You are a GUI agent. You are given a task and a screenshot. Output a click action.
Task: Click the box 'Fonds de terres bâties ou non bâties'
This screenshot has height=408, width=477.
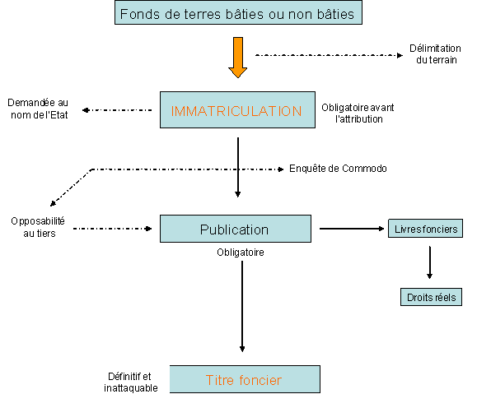click(x=238, y=12)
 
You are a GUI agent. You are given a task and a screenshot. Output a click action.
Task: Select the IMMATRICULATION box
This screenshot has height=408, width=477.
click(x=237, y=109)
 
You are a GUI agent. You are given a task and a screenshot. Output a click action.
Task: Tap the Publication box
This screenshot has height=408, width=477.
click(x=236, y=229)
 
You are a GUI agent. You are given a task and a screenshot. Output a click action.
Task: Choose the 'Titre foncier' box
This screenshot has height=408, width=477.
click(x=245, y=379)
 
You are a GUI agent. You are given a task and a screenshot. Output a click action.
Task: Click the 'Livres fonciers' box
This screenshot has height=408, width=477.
click(x=425, y=228)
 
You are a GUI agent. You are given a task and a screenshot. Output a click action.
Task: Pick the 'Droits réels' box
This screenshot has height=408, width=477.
click(x=431, y=297)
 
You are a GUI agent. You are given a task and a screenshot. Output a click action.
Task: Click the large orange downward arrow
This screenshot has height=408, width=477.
click(x=238, y=58)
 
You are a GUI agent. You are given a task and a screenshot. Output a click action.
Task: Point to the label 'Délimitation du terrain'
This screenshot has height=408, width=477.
click(x=435, y=54)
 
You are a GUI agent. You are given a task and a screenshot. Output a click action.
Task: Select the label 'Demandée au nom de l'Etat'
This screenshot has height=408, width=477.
click(x=38, y=109)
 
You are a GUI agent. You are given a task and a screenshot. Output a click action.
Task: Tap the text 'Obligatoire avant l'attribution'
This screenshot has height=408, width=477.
click(x=358, y=114)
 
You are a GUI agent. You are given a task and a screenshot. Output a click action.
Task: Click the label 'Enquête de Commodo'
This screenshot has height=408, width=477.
click(x=338, y=169)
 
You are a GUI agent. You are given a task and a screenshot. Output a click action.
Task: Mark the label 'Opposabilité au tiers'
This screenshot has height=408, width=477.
click(x=38, y=227)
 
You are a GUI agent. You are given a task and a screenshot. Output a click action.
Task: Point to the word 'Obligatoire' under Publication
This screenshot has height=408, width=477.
click(x=241, y=253)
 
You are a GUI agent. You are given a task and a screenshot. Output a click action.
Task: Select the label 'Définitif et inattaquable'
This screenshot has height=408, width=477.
click(x=130, y=382)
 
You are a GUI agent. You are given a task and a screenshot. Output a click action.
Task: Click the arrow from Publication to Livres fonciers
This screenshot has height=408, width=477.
click(x=352, y=229)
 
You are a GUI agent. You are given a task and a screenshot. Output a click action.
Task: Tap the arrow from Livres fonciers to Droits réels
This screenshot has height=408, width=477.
click(x=429, y=262)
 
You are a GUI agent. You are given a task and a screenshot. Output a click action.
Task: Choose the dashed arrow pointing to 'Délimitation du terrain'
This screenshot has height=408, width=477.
click(x=330, y=55)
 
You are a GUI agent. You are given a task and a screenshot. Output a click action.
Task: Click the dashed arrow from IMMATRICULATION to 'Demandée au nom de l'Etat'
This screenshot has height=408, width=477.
click(x=117, y=110)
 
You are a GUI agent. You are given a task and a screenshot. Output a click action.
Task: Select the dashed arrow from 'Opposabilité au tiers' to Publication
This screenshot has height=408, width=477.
click(x=113, y=229)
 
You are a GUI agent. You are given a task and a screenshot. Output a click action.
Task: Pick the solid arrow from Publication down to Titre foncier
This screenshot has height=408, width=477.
click(x=242, y=306)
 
